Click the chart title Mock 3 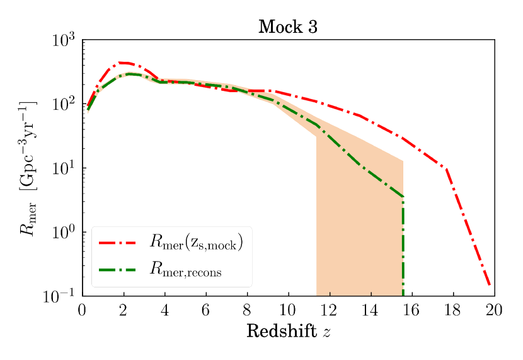click(x=288, y=27)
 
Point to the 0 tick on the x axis click(x=82, y=310)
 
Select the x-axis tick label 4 click(x=164, y=310)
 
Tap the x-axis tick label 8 click(x=247, y=310)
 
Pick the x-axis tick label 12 click(x=330, y=310)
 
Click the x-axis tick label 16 click(x=412, y=310)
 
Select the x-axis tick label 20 click(x=494, y=310)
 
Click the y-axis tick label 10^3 click(x=63, y=40)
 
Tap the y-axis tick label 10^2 click(x=63, y=104)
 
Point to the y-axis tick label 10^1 click(x=63, y=168)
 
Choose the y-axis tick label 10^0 click(x=63, y=232)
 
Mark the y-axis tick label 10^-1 click(x=60, y=296)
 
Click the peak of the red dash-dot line click(x=122, y=62)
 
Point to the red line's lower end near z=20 click(x=490, y=286)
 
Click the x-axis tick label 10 click(x=288, y=310)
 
